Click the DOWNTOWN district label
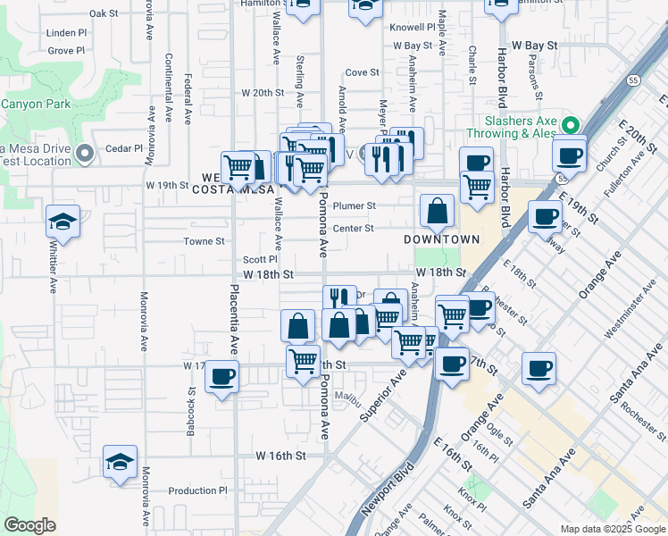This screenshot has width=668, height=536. tap(441, 239)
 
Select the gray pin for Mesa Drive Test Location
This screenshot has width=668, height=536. tap(85, 154)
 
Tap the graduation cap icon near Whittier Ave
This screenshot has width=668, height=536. tap(63, 220)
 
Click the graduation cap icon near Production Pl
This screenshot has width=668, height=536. tap(120, 461)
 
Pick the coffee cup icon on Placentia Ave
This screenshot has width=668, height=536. tap(221, 375)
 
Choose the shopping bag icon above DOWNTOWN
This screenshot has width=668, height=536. tap(438, 212)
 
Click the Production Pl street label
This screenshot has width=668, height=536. tap(198, 490)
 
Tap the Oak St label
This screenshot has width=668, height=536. tap(104, 13)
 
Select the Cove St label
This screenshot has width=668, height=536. tap(356, 72)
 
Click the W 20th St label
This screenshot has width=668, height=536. tap(262, 92)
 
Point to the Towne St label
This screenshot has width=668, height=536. tap(204, 241)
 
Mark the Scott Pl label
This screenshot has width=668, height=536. tap(261, 259)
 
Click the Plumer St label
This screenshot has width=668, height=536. tap(355, 205)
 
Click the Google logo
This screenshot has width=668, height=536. tap(30, 525)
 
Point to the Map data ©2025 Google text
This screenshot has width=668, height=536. tap(612, 529)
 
